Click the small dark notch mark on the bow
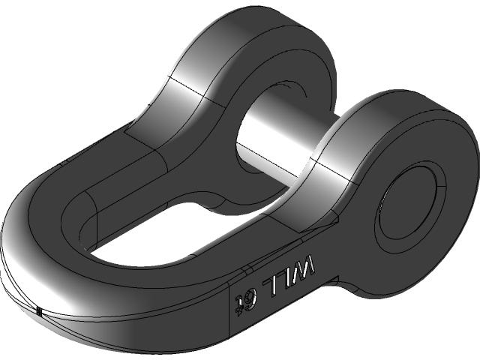pyautogui.click(x=38, y=309)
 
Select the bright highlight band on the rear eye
pyautogui.click(x=187, y=90)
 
